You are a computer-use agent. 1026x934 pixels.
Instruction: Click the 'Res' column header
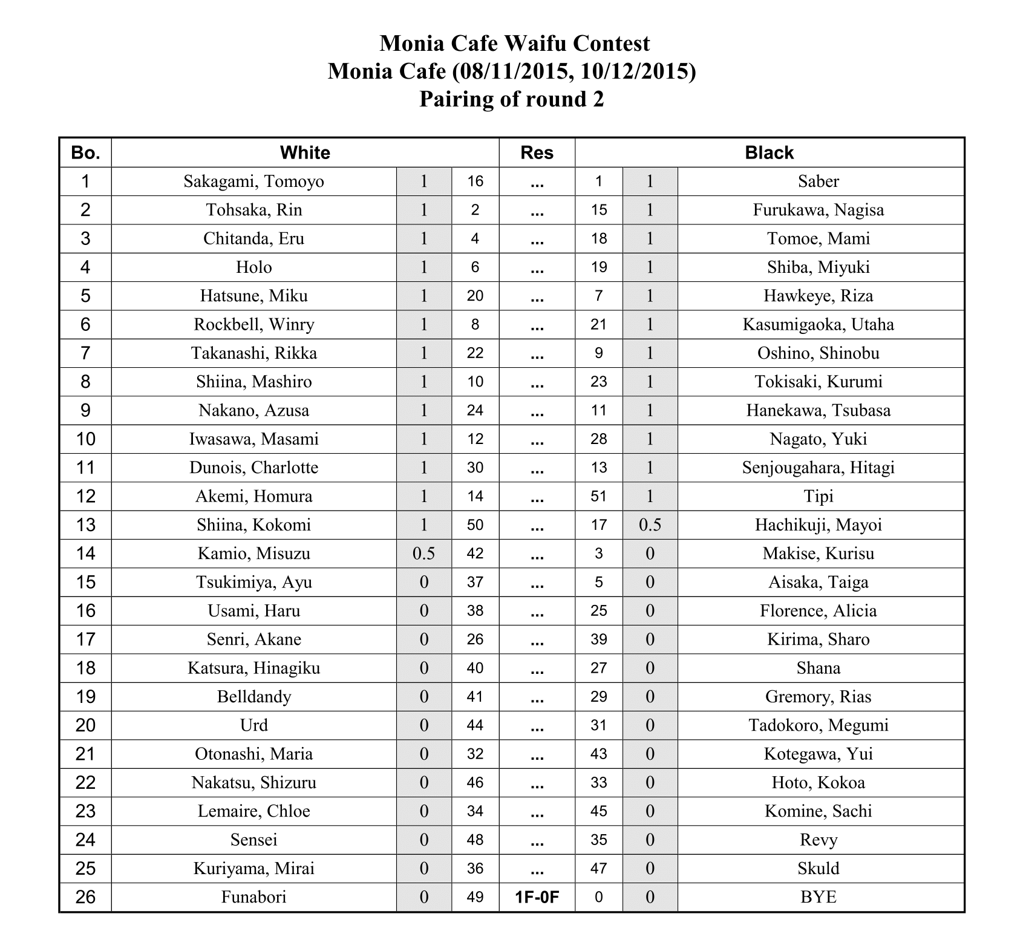click(537, 152)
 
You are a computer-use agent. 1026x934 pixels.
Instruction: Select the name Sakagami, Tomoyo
click(253, 181)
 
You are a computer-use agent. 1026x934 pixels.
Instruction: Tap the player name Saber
click(818, 181)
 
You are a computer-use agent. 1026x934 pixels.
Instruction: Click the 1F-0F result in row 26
click(537, 898)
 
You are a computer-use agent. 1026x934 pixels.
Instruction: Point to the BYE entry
click(818, 897)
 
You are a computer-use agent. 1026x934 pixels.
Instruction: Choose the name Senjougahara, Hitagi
click(818, 468)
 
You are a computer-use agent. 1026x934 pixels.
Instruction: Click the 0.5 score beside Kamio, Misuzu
click(423, 554)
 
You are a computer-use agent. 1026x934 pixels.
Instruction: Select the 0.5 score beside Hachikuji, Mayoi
click(650, 525)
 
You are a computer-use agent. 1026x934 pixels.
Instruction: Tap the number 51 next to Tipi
click(598, 497)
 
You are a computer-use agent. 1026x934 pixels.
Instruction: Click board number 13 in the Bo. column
click(85, 525)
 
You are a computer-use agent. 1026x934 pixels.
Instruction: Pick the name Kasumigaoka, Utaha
click(818, 325)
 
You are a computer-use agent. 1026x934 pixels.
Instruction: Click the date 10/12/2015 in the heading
click(635, 71)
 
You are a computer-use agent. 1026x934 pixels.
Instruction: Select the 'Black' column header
click(769, 152)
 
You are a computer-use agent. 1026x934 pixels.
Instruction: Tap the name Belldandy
click(253, 697)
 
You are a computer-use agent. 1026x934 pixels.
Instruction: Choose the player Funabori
click(253, 897)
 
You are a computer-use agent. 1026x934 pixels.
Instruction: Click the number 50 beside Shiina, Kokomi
click(475, 525)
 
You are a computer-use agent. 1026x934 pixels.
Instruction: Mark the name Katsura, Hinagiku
click(253, 668)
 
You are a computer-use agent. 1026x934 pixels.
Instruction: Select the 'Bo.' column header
click(85, 152)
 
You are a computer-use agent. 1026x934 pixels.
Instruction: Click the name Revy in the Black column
click(818, 840)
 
